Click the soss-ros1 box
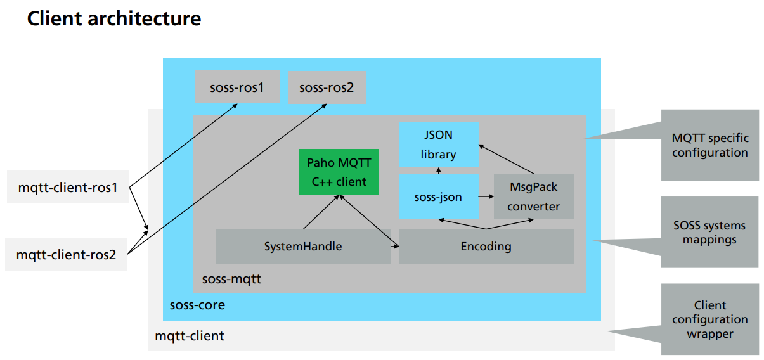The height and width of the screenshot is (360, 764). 236,87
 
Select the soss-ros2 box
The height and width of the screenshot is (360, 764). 327,87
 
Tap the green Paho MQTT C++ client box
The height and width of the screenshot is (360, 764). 339,172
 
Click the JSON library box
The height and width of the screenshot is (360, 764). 439,145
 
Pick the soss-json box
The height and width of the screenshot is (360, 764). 439,197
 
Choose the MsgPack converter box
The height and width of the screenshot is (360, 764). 533,196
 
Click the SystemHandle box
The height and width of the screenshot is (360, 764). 303,246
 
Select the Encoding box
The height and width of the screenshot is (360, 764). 486,246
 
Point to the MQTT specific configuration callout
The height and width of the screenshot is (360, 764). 709,145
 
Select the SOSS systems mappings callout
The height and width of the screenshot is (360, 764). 709,232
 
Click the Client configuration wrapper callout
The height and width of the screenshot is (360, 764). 709,319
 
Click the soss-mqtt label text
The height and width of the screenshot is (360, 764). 231,279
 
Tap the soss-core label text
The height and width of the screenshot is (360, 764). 197,305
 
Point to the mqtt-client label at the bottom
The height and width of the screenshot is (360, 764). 190,335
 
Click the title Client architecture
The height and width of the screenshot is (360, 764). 114,18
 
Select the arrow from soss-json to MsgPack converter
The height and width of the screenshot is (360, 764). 486,197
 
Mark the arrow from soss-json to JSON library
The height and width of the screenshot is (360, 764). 439,170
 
